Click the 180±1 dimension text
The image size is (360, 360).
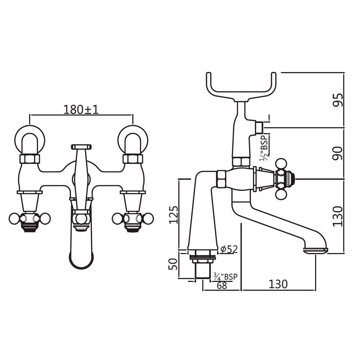coord(81,109)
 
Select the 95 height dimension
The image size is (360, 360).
coord(338,100)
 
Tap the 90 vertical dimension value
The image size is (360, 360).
coord(338,153)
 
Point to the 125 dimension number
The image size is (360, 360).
coord(174,215)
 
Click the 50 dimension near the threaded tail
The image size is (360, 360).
coord(174,265)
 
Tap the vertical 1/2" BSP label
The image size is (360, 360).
coord(264,151)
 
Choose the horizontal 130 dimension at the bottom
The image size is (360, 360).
coord(278,284)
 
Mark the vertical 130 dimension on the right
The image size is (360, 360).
coord(338,216)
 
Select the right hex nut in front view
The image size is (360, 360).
coord(133,158)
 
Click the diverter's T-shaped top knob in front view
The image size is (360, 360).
coord(81,147)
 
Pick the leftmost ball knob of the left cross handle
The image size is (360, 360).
coord(14,218)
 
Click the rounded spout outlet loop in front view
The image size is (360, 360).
coord(81,257)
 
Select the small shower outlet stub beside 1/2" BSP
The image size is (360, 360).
coord(258,127)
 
